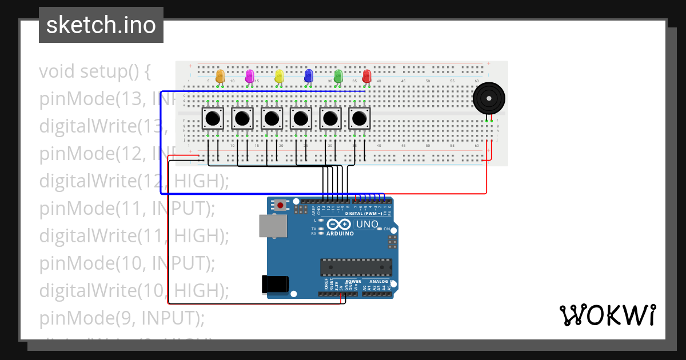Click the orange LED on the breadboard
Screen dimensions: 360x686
[x=220, y=75]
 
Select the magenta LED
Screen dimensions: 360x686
[x=249, y=75]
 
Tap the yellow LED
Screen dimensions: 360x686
[x=279, y=75]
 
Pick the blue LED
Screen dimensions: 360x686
[x=309, y=75]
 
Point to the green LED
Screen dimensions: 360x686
[x=338, y=75]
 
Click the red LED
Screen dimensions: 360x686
[x=367, y=75]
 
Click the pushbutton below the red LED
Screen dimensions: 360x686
[x=359, y=119]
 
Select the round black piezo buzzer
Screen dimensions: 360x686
[x=489, y=98]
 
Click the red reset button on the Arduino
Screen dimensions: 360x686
[x=281, y=205]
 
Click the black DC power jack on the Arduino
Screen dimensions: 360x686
[x=274, y=285]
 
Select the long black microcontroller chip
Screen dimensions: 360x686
[x=356, y=267]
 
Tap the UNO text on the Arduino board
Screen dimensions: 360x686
[x=367, y=225]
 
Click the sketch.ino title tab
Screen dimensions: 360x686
[x=101, y=25]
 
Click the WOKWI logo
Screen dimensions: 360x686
[x=607, y=315]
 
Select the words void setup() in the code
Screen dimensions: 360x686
[x=94, y=72]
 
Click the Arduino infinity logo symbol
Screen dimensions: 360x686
[x=340, y=225]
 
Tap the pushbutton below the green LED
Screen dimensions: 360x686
[x=330, y=119]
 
